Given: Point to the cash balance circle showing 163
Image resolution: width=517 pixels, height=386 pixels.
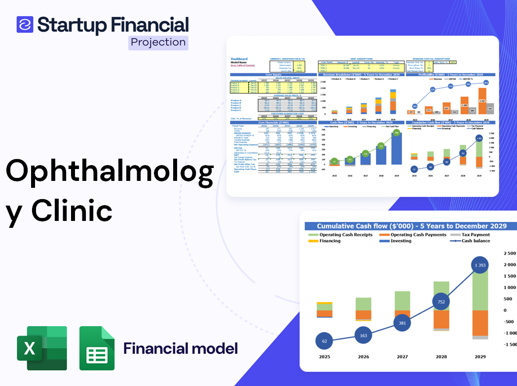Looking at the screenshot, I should coord(364,336).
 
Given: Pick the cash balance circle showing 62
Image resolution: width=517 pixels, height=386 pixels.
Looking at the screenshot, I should coord(325,341).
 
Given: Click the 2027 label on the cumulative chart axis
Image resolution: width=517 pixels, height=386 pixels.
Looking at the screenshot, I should coord(402,357).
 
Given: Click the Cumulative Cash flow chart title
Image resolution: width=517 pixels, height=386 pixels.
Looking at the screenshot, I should coord(411,226).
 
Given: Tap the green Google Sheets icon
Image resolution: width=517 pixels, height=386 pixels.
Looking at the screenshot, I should coord(97,348).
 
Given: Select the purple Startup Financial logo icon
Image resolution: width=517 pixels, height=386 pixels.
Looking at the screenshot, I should coord(25,24).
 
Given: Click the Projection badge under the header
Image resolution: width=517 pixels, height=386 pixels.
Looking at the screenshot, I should coord(158,42).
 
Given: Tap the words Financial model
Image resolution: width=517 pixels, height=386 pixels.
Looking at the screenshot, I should coord(181,348).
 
